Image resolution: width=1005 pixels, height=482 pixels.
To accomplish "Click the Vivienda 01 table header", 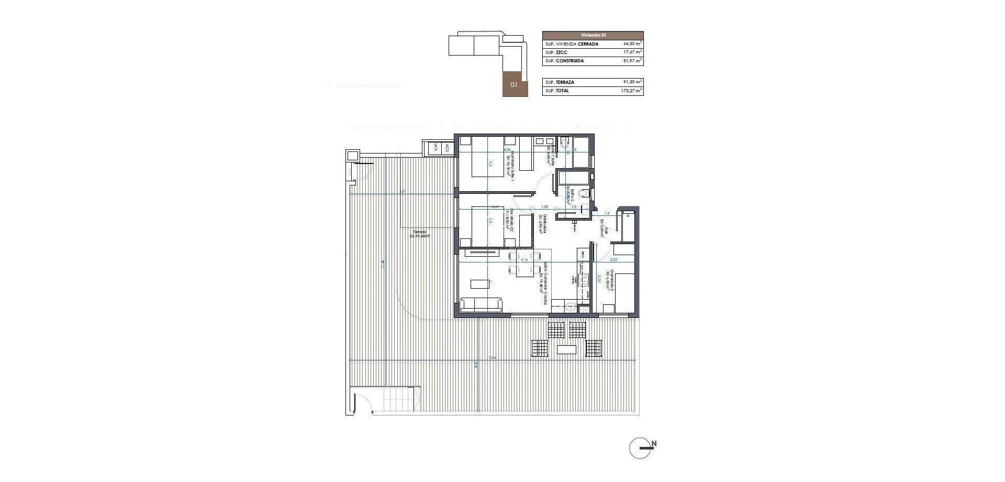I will pos(593,35).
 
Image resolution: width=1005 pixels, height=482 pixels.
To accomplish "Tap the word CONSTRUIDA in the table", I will pos(570,61).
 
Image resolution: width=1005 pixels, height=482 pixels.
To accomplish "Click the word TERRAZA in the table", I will pos(567,82).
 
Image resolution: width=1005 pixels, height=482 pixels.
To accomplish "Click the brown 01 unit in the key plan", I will pos(513,84).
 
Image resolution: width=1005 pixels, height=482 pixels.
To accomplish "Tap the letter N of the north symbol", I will pos(654,444).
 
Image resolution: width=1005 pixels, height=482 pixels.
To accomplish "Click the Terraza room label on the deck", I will pos(419,234).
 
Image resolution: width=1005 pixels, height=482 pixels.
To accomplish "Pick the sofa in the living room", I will pos(115,304).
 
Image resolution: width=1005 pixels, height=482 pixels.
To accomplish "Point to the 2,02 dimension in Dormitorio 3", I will pos(614,259).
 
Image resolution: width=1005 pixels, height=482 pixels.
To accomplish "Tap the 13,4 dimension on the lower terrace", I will pos(492,358).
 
